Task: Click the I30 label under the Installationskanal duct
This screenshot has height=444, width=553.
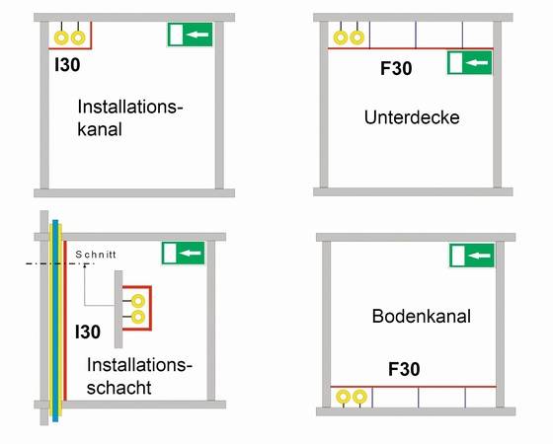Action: [67, 64]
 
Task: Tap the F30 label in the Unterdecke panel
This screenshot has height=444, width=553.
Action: [396, 68]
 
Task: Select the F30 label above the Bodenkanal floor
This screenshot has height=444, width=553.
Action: [404, 369]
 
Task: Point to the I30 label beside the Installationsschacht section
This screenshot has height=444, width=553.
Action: [88, 332]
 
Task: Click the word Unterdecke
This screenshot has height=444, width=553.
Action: [412, 117]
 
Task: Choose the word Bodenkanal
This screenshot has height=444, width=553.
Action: [422, 316]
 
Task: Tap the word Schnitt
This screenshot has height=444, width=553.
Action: [96, 255]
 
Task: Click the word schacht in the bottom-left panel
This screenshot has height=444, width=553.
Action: [119, 388]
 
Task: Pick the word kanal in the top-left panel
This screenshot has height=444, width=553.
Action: [100, 129]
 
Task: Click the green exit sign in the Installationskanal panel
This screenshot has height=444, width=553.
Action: [190, 35]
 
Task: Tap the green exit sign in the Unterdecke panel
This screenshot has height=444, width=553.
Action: [469, 63]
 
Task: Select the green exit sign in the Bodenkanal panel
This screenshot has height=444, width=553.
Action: [472, 256]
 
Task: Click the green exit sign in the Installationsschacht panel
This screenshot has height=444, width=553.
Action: [184, 253]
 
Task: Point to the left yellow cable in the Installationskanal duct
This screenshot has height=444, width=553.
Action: [61, 37]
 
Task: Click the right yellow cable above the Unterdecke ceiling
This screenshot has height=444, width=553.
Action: [357, 37]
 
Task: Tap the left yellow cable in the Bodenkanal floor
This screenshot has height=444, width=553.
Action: [344, 397]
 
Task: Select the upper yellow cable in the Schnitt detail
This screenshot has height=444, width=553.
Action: [138, 301]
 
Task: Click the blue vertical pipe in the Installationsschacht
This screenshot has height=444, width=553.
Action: [55, 321]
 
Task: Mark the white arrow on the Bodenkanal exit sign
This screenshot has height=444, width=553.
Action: [480, 256]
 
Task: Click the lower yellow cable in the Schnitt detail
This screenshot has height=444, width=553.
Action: [138, 317]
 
